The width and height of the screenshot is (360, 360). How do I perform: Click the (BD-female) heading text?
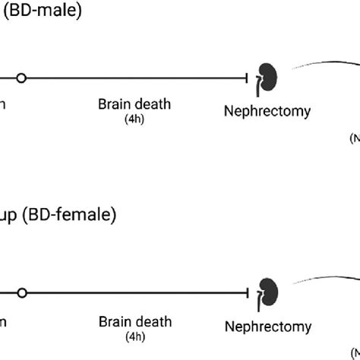[x=68, y=216]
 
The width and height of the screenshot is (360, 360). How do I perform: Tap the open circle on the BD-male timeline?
[x=21, y=77]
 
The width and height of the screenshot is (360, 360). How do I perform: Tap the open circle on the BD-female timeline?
[x=21, y=292]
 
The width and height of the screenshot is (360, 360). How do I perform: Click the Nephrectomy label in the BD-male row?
[x=267, y=112]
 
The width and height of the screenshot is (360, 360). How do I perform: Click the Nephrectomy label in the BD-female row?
[x=267, y=327]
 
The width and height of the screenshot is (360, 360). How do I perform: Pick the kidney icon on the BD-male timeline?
[x=267, y=77]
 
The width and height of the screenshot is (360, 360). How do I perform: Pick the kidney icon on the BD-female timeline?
[x=267, y=292]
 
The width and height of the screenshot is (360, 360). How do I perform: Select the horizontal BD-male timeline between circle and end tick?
[x=137, y=77]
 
